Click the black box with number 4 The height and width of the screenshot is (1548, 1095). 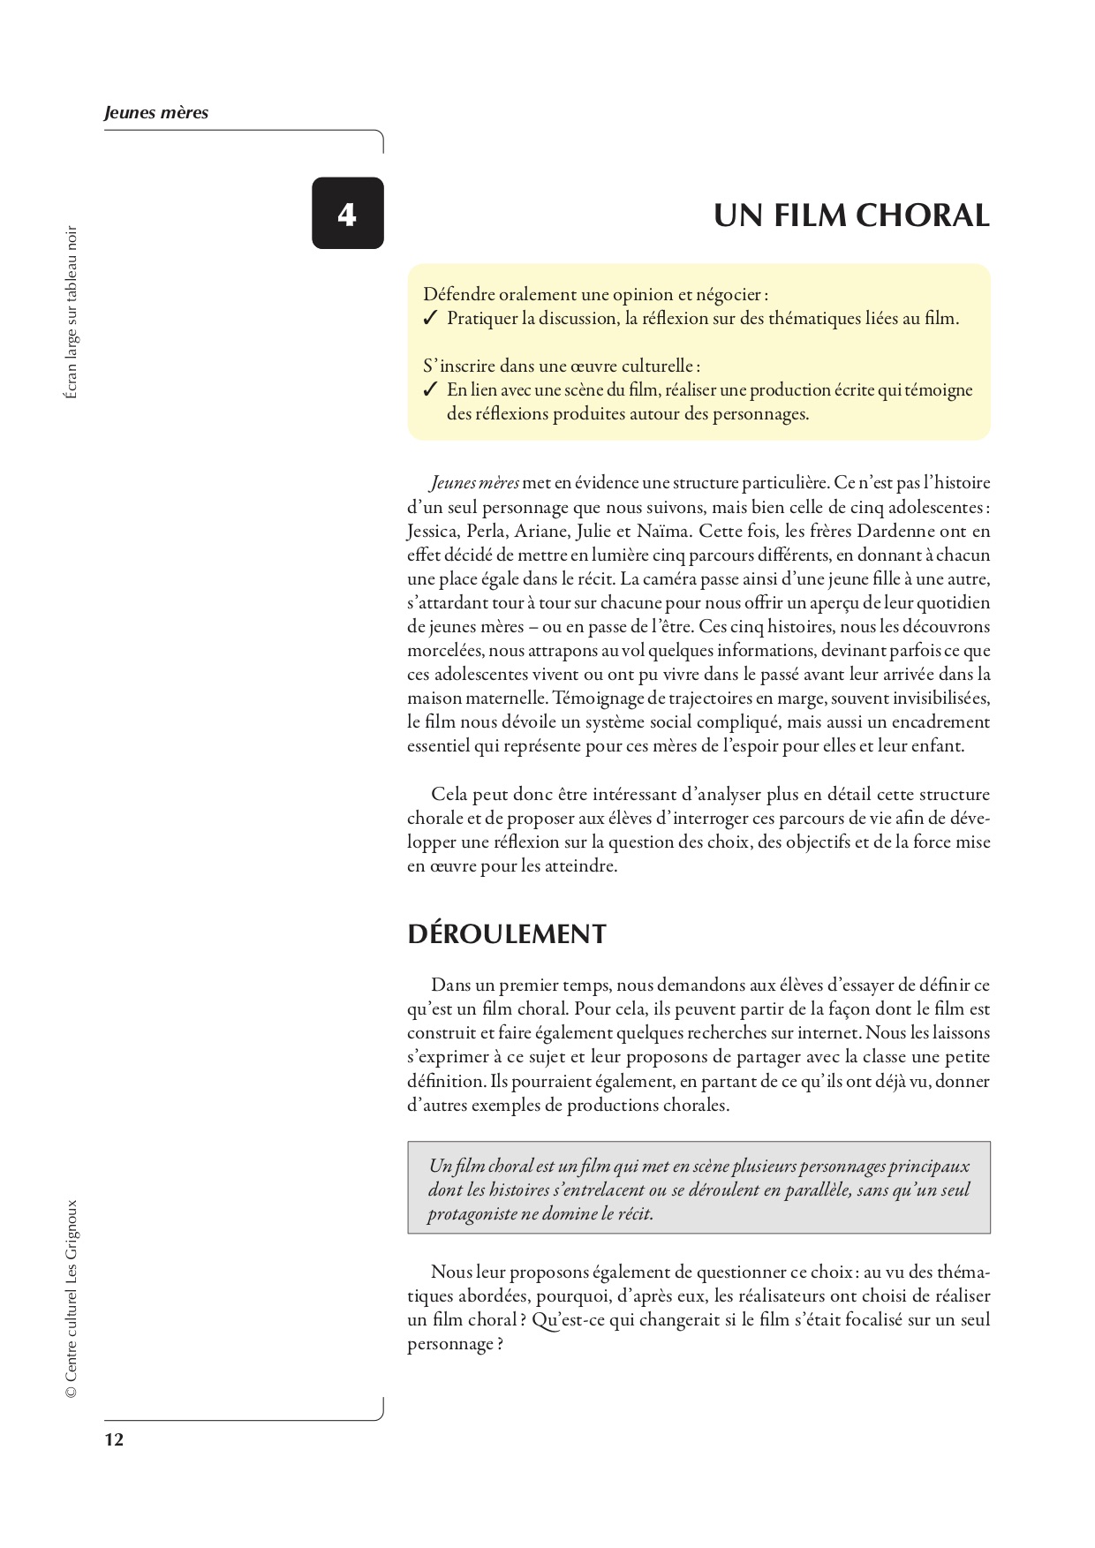[x=347, y=213]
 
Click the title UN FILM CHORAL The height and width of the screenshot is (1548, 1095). [x=851, y=215]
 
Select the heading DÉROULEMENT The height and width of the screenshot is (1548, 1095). [x=507, y=934]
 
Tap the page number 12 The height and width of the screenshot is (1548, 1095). [x=114, y=1440]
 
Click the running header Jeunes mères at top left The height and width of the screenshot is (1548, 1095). [x=156, y=113]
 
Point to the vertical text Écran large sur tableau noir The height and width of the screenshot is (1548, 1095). [x=72, y=313]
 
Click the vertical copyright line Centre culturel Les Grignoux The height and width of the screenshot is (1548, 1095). [x=72, y=1297]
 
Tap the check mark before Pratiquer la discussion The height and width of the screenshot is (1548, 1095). [x=431, y=319]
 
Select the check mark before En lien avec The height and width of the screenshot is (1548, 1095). [x=431, y=389]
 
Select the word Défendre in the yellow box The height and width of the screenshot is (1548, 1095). [x=459, y=294]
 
